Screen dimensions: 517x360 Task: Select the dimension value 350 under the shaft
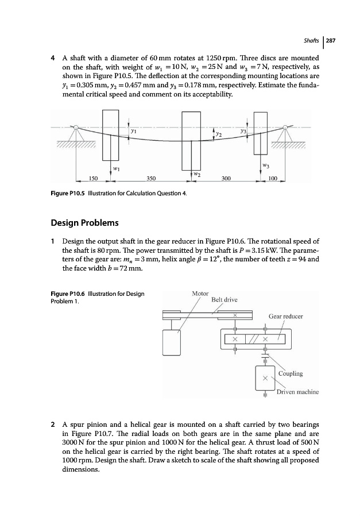click(x=152, y=179)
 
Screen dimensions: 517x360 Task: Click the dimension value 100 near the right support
click(x=273, y=179)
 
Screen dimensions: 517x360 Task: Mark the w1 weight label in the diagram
click(x=116, y=168)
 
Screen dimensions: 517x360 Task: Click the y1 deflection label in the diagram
click(x=133, y=132)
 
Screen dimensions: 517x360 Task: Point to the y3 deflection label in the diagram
click(x=243, y=132)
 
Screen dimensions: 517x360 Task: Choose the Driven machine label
click(x=297, y=392)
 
